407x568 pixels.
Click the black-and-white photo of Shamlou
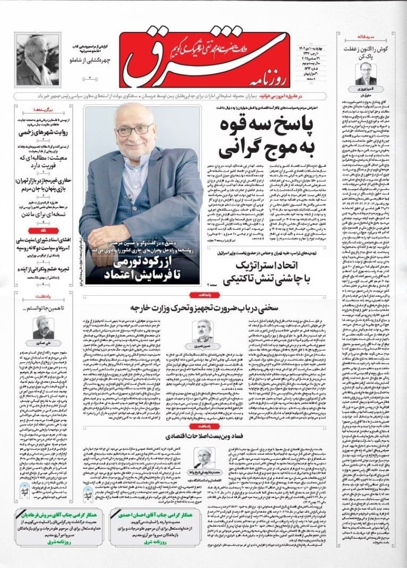pos(37,60)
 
